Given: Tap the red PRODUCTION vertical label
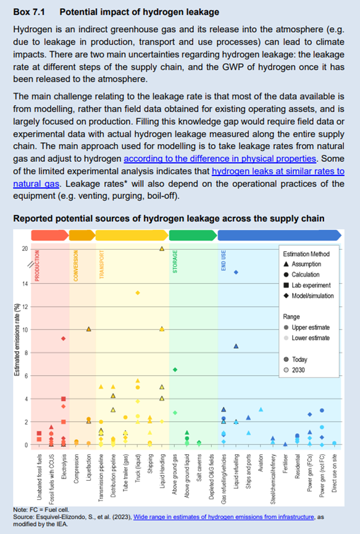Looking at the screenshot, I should click(x=37, y=266).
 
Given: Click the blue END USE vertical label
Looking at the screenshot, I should click(x=223, y=260).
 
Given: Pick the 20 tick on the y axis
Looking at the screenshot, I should click(x=25, y=249).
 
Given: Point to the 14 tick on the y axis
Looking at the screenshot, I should click(x=25, y=284).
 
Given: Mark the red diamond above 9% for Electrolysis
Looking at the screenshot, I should click(x=64, y=338).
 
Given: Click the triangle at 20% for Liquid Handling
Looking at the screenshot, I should click(x=161, y=248).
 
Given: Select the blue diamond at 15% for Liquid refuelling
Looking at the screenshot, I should click(x=236, y=272).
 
